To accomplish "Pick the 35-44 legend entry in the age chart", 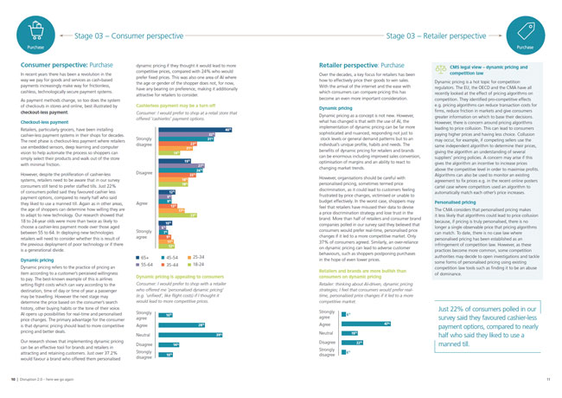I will (181, 265).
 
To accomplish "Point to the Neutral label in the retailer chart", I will (328, 332).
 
